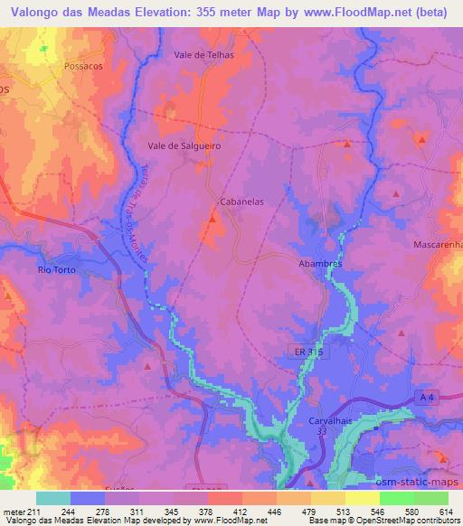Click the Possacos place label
pos(87,67)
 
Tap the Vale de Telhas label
pos(203,54)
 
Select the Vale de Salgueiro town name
pos(184,145)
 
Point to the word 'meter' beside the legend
pos(12,512)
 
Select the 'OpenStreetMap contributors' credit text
pos(409,521)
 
